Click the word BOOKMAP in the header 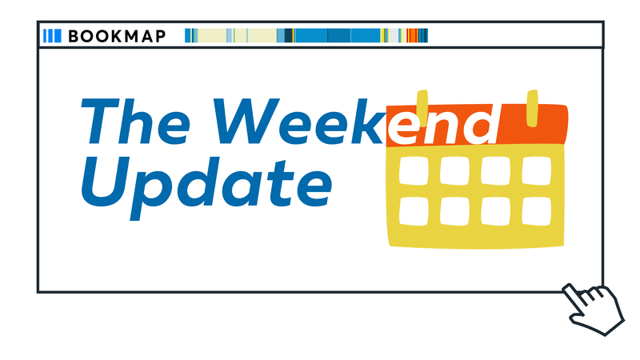[x=117, y=36]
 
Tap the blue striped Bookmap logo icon [x=52, y=36]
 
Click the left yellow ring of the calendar [x=422, y=109]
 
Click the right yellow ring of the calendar [x=531, y=109]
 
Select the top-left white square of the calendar [x=414, y=170]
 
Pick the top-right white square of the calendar [x=537, y=170]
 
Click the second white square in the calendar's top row [x=454, y=170]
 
